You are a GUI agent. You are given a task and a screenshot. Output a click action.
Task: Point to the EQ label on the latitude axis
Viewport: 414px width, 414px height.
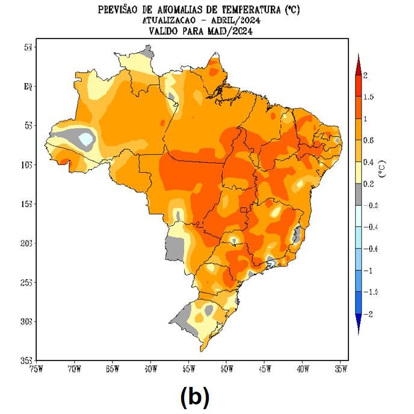click(x=28, y=86)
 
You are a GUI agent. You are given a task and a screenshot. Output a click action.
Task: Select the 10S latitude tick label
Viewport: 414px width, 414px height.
click(x=26, y=165)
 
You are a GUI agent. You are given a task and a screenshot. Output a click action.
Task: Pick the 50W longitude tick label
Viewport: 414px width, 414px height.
click(x=227, y=369)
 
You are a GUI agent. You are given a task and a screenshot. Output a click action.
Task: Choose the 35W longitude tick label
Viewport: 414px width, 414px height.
click(x=341, y=369)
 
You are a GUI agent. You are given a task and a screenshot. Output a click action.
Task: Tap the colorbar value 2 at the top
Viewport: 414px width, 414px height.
click(x=365, y=75)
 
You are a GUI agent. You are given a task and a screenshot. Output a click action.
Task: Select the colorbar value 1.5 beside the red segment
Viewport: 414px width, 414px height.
click(x=369, y=97)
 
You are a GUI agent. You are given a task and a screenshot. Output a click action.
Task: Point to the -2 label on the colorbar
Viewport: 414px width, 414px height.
click(x=367, y=314)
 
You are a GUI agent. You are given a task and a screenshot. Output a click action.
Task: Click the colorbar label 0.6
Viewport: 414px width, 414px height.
click(x=368, y=140)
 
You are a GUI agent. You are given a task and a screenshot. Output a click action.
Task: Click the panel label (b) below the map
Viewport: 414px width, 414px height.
click(x=194, y=396)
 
